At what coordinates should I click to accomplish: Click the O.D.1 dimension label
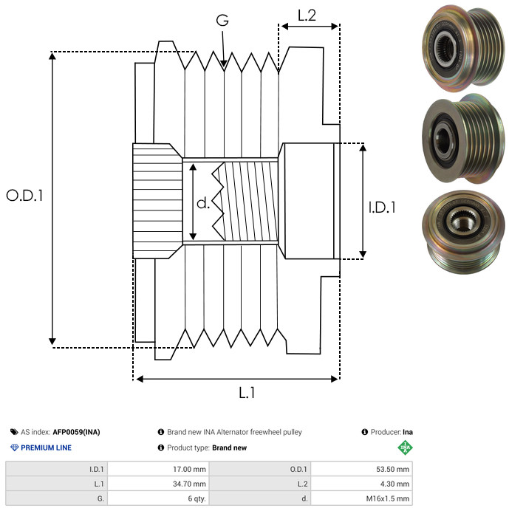point(25,196)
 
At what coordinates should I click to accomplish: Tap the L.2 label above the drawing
point(307,15)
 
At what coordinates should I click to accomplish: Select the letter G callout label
point(222,21)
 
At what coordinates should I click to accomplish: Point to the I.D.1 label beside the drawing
point(382,208)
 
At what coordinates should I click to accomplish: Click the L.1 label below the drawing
point(247,393)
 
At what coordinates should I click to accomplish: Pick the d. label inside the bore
point(203,202)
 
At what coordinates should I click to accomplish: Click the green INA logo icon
point(404,447)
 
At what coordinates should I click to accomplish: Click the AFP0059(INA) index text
point(77,432)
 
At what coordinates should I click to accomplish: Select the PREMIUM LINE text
point(47,447)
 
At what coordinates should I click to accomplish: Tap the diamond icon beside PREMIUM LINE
point(14,447)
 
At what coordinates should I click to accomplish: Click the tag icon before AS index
point(14,432)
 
